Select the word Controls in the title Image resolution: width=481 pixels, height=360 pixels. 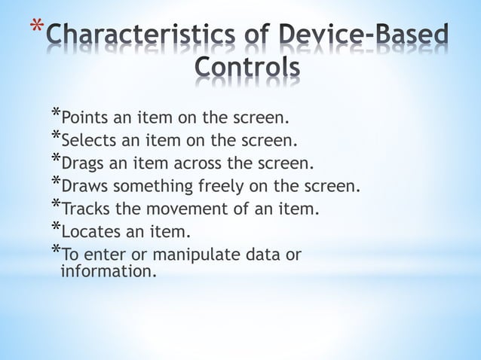247,69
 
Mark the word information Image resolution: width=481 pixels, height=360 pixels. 108,270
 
